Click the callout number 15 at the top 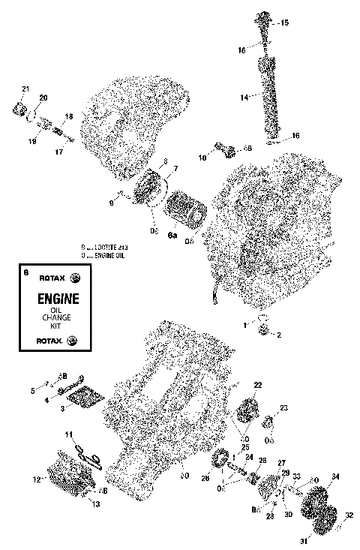point(283,24)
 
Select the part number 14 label point(244,98)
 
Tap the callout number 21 point(25,90)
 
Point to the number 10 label point(202,158)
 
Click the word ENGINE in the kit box point(49,299)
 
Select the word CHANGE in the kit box point(49,319)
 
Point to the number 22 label point(257,385)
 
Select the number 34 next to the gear point(335,476)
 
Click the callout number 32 point(349,515)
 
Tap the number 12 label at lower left point(37,479)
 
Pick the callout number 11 point(67,434)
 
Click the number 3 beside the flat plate point(62,407)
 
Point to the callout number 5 point(33,391)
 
